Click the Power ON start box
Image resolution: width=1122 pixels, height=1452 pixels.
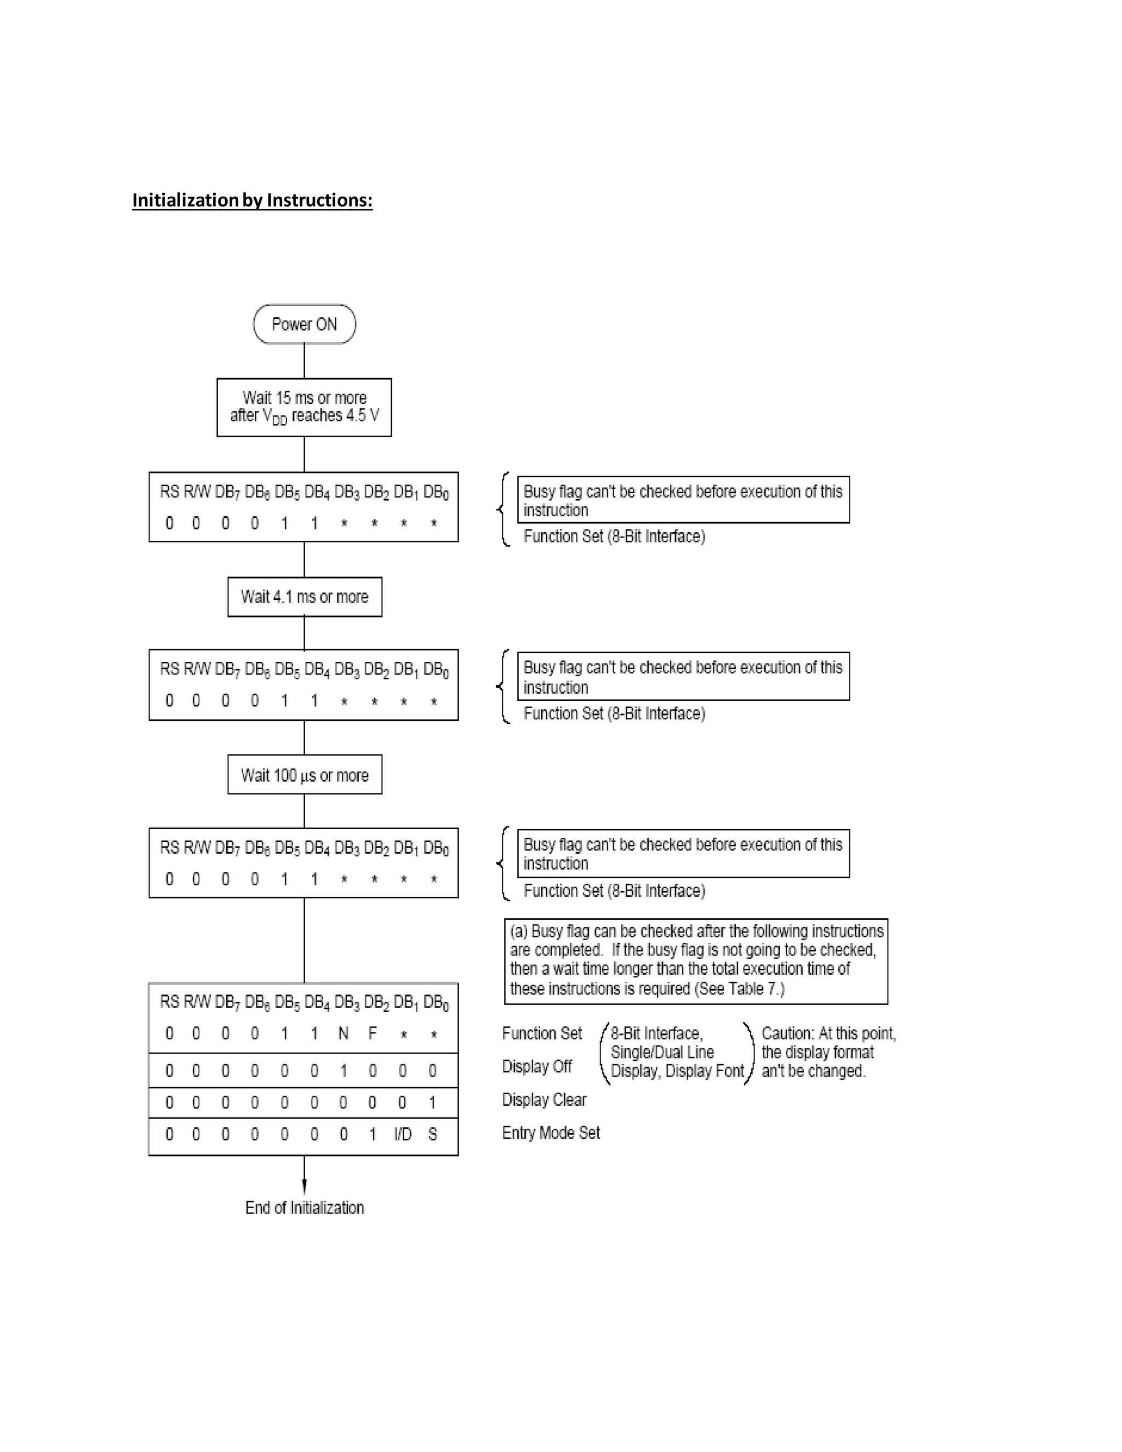[x=305, y=324]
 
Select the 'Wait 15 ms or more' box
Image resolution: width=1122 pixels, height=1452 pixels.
[x=305, y=407]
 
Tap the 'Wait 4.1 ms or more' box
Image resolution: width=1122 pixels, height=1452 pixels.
[x=305, y=596]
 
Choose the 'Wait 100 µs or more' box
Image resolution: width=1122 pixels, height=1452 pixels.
[x=305, y=775]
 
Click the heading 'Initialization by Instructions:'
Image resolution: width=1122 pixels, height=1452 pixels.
[x=252, y=200]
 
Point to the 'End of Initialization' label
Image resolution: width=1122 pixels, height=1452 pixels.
[x=305, y=1207]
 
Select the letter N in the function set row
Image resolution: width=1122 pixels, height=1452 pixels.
[x=343, y=1033]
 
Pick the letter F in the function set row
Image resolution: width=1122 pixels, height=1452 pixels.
[x=372, y=1033]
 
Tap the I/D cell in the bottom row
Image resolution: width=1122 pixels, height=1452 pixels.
[x=403, y=1134]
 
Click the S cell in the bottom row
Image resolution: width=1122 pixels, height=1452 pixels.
[x=433, y=1134]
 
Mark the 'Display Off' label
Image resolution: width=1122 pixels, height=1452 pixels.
[x=537, y=1066]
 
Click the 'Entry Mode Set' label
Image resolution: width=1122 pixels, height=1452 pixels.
[x=551, y=1133]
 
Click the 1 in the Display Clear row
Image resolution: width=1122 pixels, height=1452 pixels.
[x=432, y=1103]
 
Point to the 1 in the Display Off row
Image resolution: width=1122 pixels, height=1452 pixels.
[x=344, y=1071]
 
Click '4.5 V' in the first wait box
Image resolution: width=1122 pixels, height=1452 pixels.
[x=362, y=415]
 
